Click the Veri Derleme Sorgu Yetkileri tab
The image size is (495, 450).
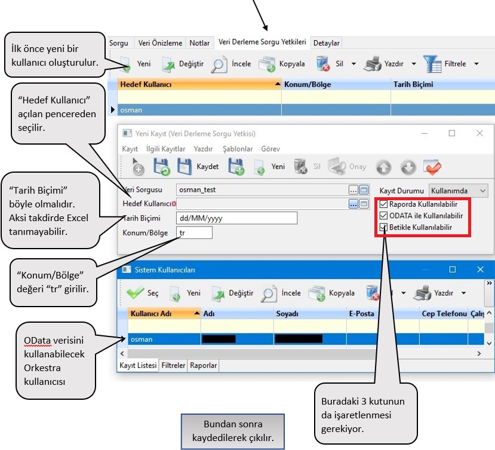262,42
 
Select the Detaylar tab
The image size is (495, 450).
327,43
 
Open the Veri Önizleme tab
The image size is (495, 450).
160,43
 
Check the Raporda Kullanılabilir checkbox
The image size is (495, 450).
383,204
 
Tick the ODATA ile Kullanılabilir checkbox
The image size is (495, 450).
383,216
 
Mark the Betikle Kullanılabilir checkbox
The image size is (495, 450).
383,227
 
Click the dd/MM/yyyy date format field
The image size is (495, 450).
236,218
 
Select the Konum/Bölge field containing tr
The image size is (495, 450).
194,232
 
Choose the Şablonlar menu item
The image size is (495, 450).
238,148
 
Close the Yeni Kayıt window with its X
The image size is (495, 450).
479,133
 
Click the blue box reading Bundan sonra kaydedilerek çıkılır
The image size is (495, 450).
233,431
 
